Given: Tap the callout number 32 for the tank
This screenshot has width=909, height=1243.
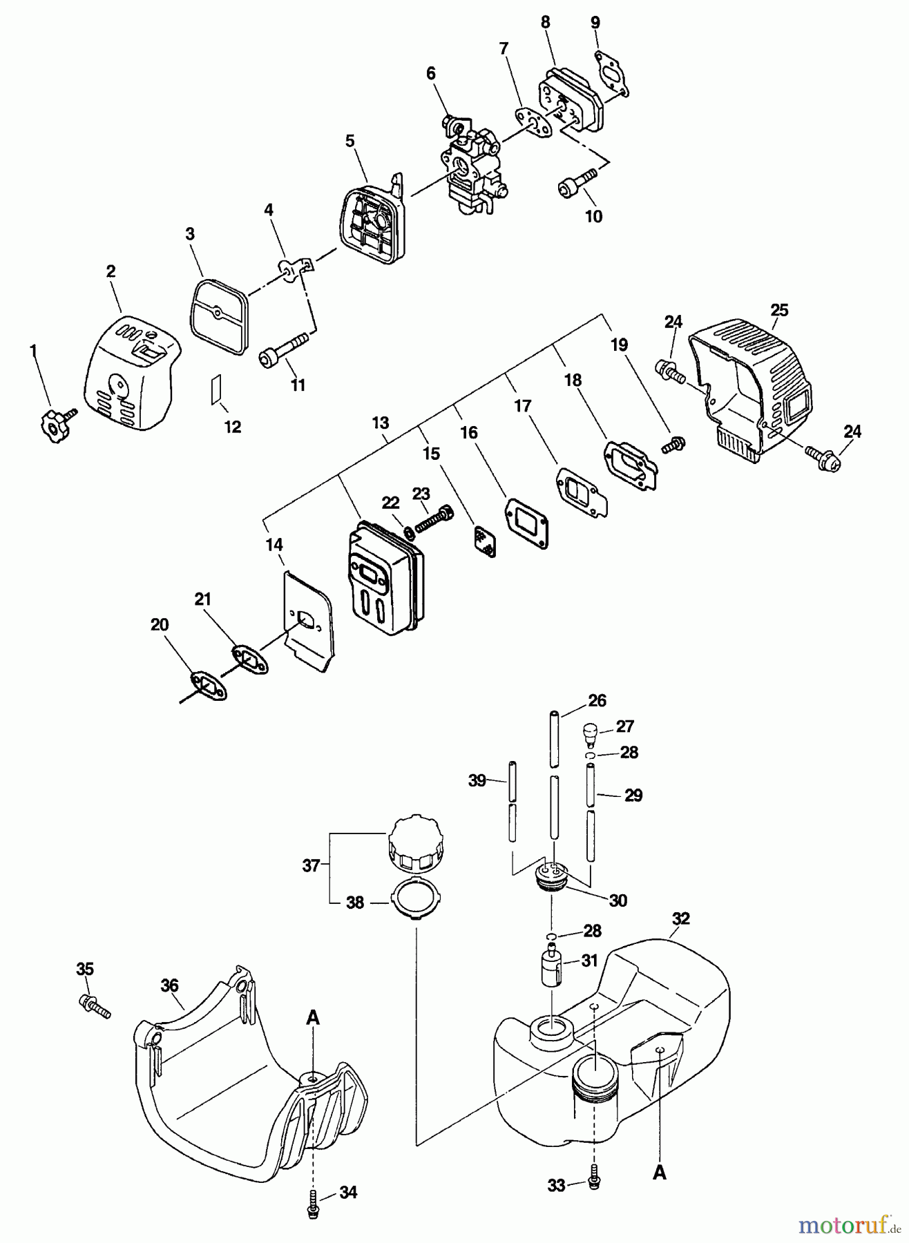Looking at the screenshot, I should [x=680, y=918].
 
